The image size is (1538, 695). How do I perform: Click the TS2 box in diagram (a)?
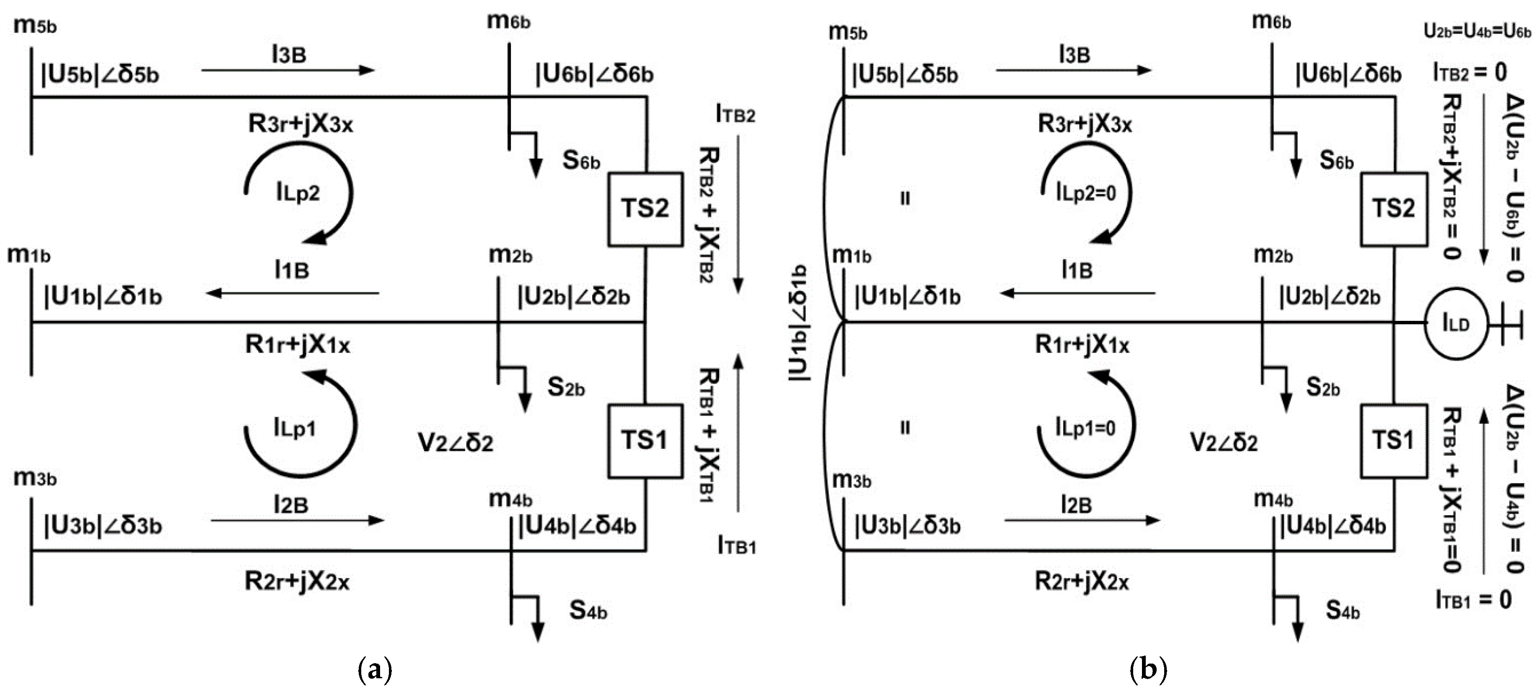click(x=645, y=209)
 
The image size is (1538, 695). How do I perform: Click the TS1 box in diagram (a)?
click(x=645, y=441)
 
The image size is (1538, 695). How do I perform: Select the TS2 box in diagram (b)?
click(x=1393, y=209)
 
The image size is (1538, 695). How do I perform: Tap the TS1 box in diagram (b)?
click(x=1393, y=441)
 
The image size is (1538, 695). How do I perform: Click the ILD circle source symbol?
click(x=1455, y=324)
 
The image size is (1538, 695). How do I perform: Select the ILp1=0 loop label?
click(x=1085, y=427)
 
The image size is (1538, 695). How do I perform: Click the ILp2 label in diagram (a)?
click(x=298, y=192)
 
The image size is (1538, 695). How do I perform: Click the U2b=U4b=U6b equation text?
click(x=1477, y=31)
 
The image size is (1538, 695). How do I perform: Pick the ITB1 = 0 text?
click(x=1473, y=599)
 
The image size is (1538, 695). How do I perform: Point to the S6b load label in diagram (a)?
click(x=581, y=160)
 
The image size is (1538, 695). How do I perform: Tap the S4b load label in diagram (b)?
click(x=1343, y=610)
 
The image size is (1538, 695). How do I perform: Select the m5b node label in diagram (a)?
click(x=35, y=26)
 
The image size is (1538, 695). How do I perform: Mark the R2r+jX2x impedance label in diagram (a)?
click(x=297, y=581)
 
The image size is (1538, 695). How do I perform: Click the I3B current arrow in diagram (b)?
click(x=1074, y=70)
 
